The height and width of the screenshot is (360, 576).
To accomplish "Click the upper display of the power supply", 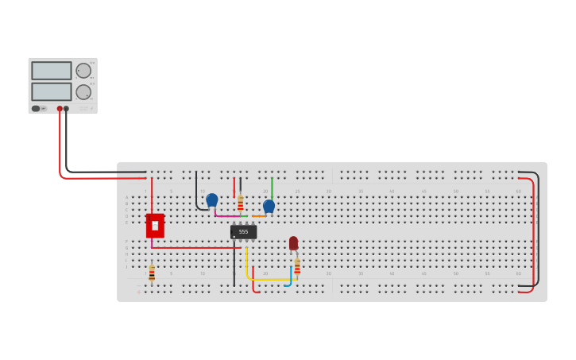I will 52,71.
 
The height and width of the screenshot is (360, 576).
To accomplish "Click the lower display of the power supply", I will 52,91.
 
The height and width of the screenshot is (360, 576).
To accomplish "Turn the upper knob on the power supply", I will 83,71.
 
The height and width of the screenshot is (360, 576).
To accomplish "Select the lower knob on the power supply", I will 83,92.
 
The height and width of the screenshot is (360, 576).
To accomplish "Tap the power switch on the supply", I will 36,108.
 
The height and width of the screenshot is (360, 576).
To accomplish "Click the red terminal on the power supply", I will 60,109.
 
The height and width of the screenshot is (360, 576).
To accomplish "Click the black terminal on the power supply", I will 67,109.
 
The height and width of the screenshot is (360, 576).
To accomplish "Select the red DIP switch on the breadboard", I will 155,226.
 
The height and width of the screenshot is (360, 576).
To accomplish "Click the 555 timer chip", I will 243,231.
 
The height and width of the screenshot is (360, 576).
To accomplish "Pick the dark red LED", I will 293,242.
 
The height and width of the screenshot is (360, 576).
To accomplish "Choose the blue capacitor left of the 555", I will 212,199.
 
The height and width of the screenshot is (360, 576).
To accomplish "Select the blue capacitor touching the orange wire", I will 269,206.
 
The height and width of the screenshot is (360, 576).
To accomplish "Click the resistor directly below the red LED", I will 297,265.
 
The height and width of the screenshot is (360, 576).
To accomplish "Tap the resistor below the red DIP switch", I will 152,273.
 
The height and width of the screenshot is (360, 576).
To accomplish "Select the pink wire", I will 228,215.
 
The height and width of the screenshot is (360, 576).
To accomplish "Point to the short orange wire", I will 259,216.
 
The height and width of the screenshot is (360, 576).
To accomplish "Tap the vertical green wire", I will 272,188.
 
